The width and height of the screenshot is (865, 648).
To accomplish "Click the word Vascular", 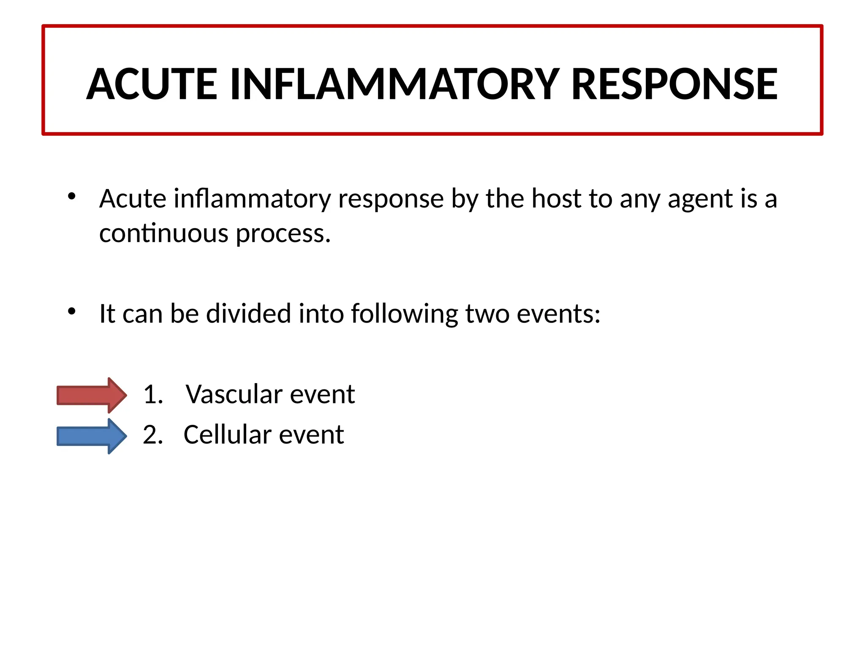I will click(234, 394).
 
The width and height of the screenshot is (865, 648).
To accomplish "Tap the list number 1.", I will click(152, 395).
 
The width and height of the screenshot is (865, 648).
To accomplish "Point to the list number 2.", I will click(152, 435).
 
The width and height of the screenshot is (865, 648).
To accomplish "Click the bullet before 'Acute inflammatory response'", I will click(72, 196).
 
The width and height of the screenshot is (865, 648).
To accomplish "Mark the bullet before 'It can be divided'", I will click(72, 311).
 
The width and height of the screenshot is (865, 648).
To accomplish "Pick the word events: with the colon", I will click(558, 313).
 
